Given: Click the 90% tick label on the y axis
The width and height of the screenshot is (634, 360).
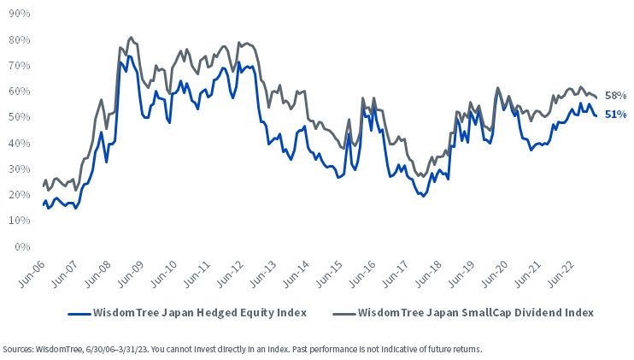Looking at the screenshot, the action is pyautogui.click(x=19, y=14).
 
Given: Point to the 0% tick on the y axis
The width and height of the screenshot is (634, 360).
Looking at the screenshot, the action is pyautogui.click(x=22, y=246).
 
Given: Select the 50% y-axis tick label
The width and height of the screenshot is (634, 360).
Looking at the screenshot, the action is pyautogui.click(x=19, y=117).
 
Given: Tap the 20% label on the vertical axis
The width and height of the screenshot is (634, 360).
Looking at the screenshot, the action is pyautogui.click(x=19, y=195).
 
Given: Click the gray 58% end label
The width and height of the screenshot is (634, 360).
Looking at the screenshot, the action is pyautogui.click(x=615, y=96).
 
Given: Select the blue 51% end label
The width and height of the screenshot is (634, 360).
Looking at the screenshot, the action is pyautogui.click(x=615, y=115).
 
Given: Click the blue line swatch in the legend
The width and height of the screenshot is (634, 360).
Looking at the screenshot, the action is pyautogui.click(x=79, y=314).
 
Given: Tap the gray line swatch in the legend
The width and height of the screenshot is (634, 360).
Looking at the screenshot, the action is pyautogui.click(x=344, y=314).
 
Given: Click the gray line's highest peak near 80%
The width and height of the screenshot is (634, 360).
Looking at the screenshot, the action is pyautogui.click(x=131, y=38).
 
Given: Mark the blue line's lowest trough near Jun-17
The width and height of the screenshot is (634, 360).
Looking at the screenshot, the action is pyautogui.click(x=423, y=196).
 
